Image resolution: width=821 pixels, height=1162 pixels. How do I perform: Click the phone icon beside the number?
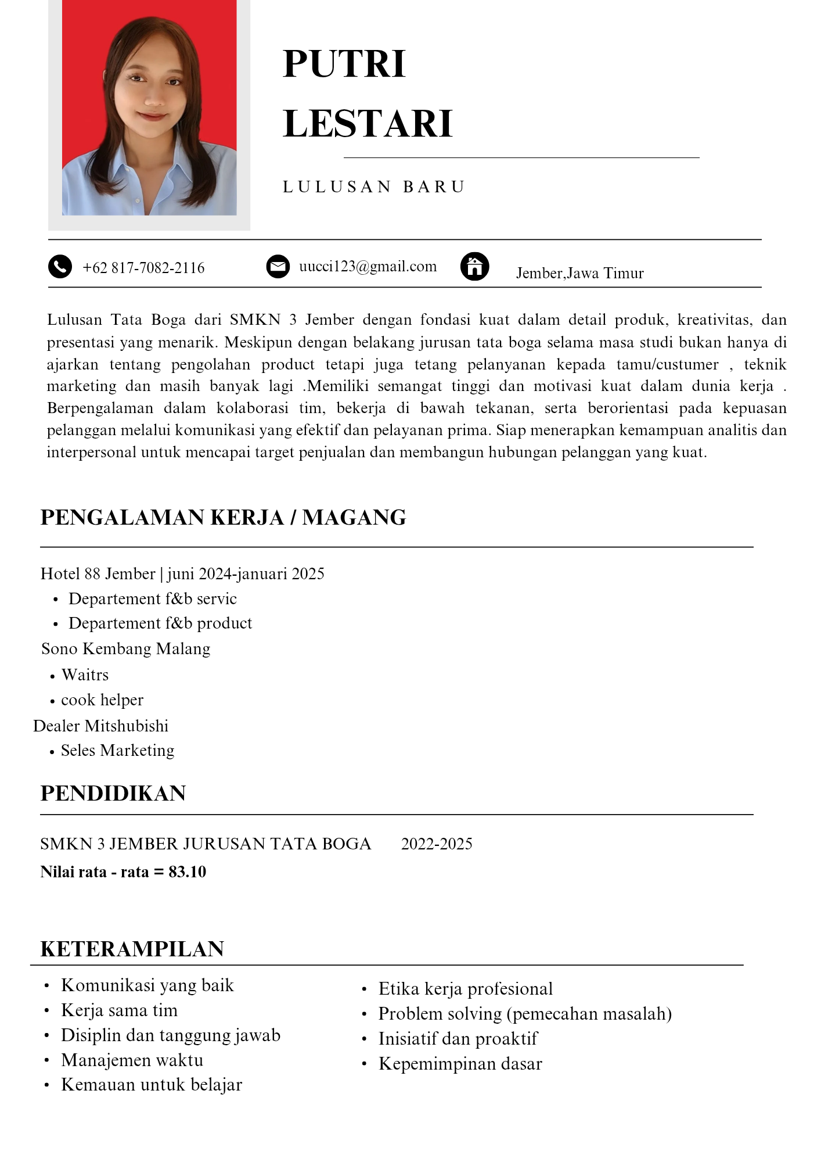(60, 267)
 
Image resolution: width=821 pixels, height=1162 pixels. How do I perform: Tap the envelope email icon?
(278, 267)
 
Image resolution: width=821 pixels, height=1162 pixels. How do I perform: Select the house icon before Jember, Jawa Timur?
(474, 267)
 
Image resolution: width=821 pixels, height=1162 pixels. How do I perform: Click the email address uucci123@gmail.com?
(368, 267)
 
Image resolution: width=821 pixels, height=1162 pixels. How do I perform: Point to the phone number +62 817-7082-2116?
(143, 268)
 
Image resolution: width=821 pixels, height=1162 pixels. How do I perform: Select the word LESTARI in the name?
(368, 124)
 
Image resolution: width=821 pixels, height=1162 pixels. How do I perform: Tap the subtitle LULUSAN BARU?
(374, 187)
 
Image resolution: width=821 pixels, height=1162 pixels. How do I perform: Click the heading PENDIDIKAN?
(113, 794)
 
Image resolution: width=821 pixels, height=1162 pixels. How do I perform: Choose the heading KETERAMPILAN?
(132, 949)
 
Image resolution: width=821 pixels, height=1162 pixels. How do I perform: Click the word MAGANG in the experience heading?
(354, 518)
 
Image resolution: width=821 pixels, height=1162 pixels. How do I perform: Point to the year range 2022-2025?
(437, 844)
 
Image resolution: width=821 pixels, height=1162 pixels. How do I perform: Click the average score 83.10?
(188, 872)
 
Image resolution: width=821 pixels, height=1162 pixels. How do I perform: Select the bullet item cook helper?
(102, 700)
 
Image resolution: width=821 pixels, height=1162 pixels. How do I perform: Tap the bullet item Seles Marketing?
(117, 751)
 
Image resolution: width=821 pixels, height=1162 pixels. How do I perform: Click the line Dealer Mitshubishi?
(101, 726)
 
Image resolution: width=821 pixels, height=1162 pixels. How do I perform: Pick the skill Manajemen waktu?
(132, 1060)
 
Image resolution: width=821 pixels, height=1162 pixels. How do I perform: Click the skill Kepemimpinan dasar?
(460, 1064)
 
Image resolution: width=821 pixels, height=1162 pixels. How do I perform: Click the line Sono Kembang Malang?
(126, 649)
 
